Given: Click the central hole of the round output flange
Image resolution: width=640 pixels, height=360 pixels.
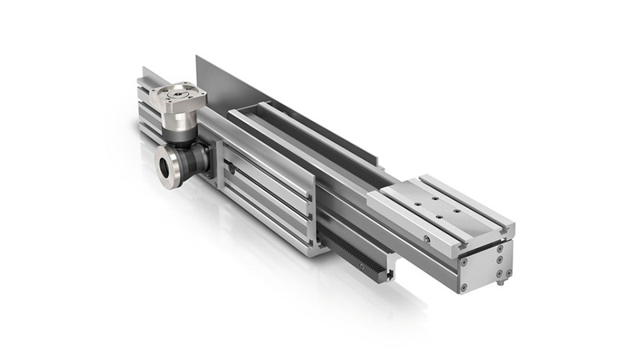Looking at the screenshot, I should (x=169, y=166).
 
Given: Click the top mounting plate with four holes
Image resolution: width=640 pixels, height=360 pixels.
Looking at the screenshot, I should (x=436, y=204).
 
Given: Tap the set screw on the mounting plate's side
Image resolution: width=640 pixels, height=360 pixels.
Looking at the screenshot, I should (x=427, y=238).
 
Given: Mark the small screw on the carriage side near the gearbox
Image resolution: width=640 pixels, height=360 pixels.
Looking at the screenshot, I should (x=230, y=170).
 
